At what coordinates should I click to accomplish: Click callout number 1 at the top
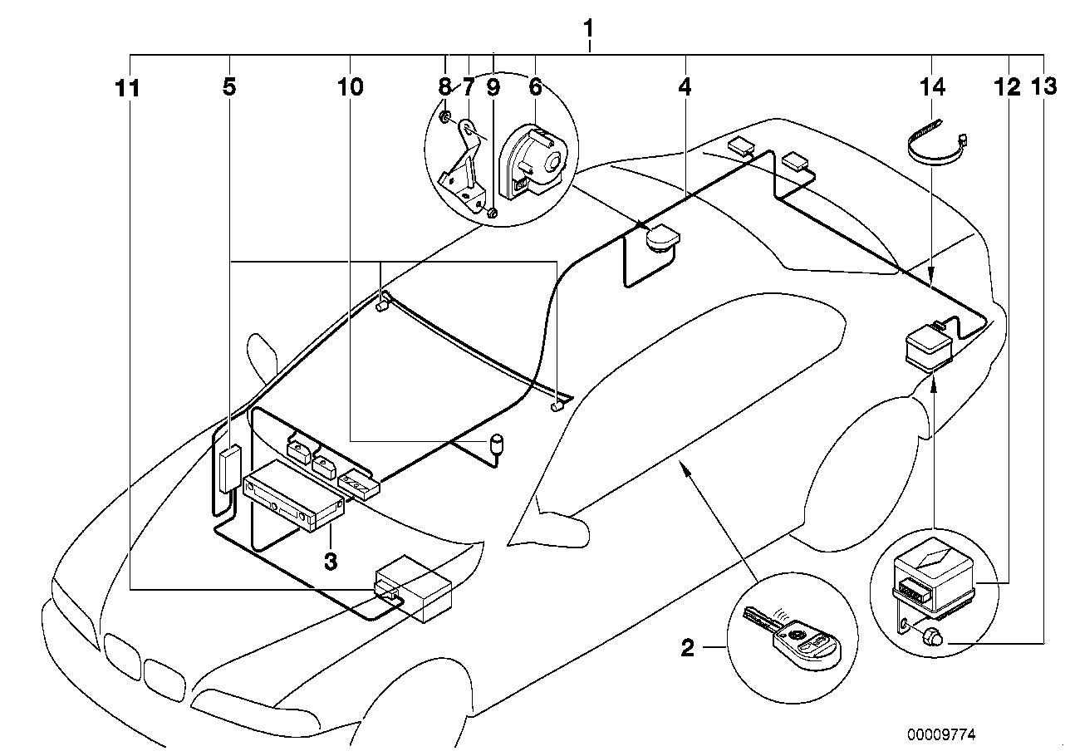point(588,30)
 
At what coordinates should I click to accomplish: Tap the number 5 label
point(229,86)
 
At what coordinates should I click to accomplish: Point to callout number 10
point(351,86)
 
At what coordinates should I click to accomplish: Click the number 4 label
point(685,86)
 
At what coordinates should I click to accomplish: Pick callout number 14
point(932,86)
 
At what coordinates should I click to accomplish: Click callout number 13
point(1043,86)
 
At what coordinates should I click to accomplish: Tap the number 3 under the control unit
point(331,562)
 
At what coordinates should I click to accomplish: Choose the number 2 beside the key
point(687,648)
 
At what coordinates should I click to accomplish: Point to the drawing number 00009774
point(941,735)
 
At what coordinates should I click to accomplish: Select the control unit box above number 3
point(295,497)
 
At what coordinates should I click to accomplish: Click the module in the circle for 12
point(930,577)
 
